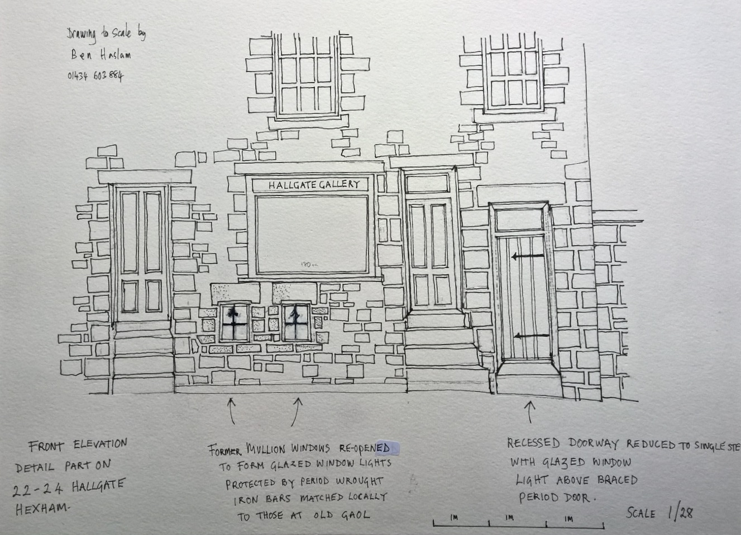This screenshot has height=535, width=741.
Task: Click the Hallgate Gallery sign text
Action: [314, 184]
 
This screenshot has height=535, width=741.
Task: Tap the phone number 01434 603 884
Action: [95, 75]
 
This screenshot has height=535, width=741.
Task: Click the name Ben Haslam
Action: [101, 55]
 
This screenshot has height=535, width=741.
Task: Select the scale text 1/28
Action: [680, 512]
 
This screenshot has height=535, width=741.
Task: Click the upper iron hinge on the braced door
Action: [528, 256]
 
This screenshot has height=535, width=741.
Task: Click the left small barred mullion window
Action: [234, 322]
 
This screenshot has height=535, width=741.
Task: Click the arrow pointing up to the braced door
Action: [529, 411]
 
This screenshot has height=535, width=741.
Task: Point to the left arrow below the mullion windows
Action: [231, 410]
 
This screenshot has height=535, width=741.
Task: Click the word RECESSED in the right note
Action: [533, 443]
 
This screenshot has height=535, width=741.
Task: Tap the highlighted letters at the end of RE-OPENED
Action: [390, 448]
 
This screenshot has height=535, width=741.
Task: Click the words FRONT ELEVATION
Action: [78, 445]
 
